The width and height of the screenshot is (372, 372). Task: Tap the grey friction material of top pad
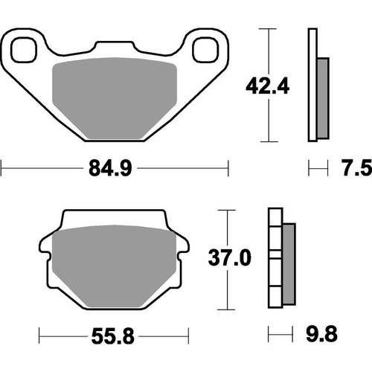[115, 97]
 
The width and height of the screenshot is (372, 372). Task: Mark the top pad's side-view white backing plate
[312, 86]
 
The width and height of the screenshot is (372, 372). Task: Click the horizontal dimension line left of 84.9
[37, 170]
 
